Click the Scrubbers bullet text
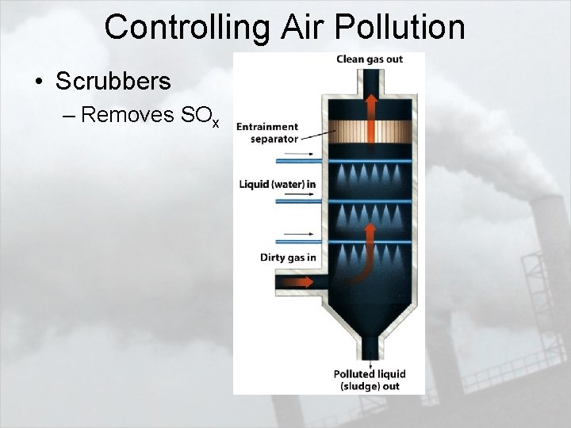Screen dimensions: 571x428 (x=113, y=81)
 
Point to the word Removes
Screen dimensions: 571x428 (x=128, y=115)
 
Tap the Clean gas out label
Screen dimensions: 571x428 (x=370, y=59)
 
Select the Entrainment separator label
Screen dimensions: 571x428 (x=267, y=132)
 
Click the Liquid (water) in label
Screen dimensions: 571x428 (x=278, y=185)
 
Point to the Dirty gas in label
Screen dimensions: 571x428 (x=288, y=257)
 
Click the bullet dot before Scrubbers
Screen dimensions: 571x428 (x=37, y=82)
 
